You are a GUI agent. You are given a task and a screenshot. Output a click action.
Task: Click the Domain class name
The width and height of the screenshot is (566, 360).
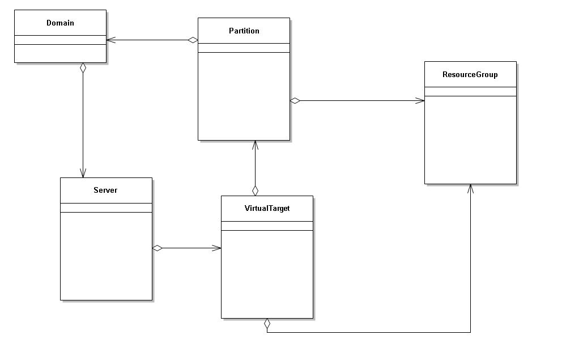coord(60,23)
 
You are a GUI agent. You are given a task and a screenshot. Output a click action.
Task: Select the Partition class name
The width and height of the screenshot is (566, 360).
coord(244,31)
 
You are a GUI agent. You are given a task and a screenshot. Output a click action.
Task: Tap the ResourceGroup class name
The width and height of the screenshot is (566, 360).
coord(470,74)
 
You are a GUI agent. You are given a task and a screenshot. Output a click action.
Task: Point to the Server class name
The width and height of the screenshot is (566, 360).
coord(105,190)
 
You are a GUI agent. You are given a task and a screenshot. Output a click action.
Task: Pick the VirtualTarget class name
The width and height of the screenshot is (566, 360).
coord(267,208)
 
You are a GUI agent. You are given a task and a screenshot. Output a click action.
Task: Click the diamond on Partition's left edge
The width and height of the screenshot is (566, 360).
coord(193,40)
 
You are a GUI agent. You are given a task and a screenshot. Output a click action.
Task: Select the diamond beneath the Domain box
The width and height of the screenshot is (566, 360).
coord(83,67)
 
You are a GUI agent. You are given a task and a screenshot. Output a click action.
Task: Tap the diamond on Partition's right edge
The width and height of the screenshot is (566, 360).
coord(295,101)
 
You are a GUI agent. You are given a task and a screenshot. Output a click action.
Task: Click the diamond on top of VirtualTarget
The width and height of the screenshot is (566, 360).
coord(255,190)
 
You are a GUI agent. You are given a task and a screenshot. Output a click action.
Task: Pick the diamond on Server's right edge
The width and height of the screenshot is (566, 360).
coord(158,248)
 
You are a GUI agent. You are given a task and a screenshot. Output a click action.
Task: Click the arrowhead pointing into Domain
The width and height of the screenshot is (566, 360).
coord(110,40)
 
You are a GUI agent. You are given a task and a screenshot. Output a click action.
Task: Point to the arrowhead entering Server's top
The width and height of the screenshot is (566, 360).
coord(83,173)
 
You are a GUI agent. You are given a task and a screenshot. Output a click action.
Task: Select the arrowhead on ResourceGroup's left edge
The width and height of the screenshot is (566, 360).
coord(420,101)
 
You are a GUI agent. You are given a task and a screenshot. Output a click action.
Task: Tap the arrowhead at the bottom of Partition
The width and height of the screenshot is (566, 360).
coord(255,145)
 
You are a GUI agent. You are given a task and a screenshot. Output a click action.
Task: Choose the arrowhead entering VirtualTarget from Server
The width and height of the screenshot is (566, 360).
coord(217,248)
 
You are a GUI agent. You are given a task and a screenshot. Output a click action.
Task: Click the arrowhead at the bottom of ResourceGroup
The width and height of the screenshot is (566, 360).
coord(470,188)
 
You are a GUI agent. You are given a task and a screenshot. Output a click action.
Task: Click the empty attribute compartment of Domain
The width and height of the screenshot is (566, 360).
coord(60,40)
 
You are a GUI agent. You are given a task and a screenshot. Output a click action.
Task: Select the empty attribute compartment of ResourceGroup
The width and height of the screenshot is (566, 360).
coord(470,91)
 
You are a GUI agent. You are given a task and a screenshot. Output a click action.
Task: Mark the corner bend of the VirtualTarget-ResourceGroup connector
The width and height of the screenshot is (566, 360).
coord(470,332)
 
